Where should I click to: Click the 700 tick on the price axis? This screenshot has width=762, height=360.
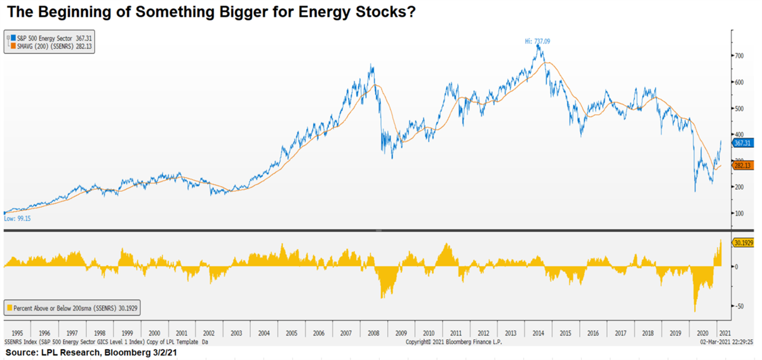pos(739,56)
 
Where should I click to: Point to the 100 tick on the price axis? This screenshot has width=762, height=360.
pos(739,213)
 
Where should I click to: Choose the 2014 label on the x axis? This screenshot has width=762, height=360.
pos(538,332)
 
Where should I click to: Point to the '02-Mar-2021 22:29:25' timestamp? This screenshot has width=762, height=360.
pos(721,342)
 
